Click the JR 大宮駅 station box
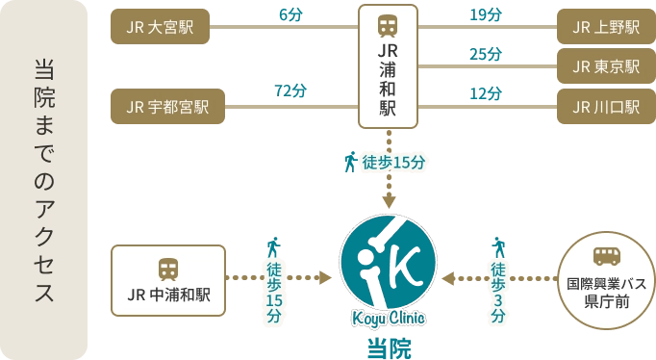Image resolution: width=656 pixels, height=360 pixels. [x=166, y=27]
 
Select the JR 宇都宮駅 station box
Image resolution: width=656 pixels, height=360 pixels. [x=166, y=107]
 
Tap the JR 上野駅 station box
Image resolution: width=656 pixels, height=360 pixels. [x=605, y=27]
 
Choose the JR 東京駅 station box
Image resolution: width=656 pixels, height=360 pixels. [x=605, y=66]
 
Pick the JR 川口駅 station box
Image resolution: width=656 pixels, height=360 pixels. [x=605, y=107]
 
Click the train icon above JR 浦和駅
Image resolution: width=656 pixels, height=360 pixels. [x=389, y=25]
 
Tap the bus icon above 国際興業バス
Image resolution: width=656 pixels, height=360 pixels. [x=606, y=255]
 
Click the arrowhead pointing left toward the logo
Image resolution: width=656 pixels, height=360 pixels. [x=449, y=276]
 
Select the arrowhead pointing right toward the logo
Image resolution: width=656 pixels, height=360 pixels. [x=327, y=276]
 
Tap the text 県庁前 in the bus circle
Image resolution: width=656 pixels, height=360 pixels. [x=606, y=301]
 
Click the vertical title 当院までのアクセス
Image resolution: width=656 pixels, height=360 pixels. [x=44, y=181]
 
